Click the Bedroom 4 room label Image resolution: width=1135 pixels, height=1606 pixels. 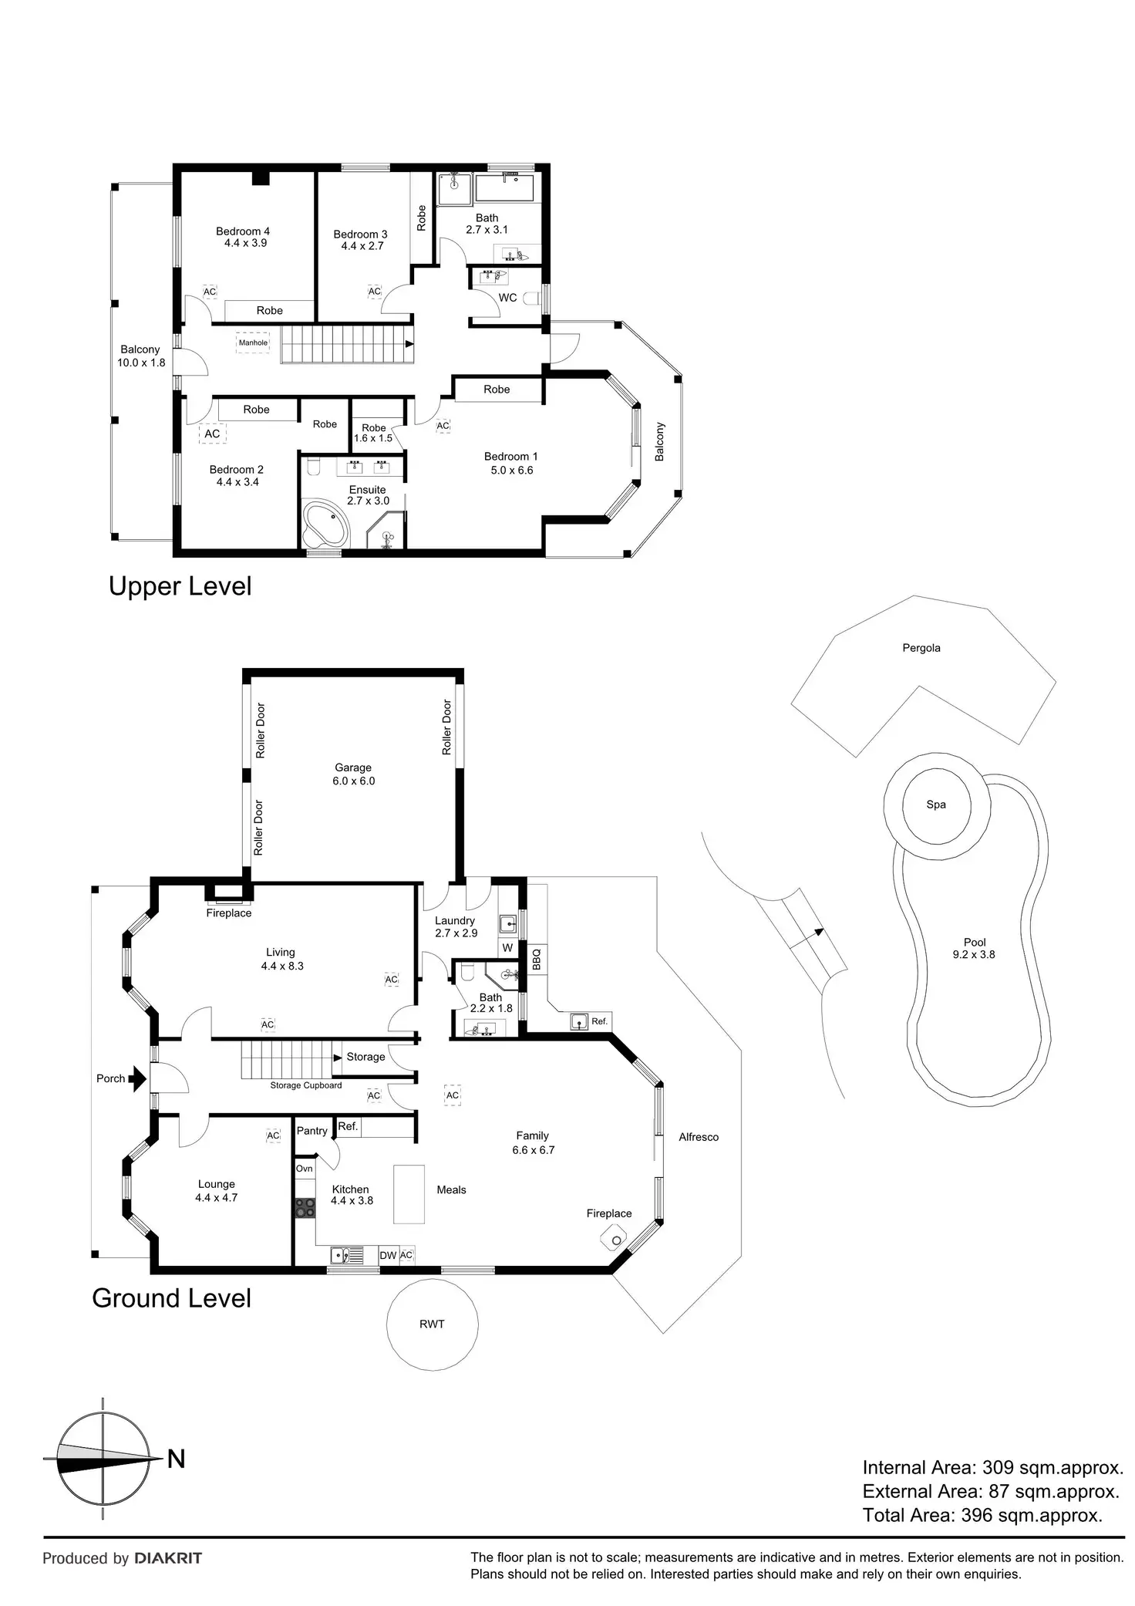(x=242, y=231)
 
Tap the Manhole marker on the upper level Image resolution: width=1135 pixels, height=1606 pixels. (x=253, y=342)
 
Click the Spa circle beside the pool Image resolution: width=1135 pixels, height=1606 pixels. (x=936, y=805)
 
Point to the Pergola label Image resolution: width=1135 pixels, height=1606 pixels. (x=921, y=648)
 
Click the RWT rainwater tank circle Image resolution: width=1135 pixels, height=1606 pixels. (x=432, y=1324)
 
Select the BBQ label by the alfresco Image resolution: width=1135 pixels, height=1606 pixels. (x=537, y=959)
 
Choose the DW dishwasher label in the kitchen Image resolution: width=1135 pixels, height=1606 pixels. (x=388, y=1255)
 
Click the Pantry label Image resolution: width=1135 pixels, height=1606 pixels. (x=312, y=1131)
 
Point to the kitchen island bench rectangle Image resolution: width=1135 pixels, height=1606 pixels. (x=409, y=1193)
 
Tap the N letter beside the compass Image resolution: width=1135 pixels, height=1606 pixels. (x=177, y=1459)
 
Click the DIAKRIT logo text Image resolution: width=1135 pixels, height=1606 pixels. (x=168, y=1558)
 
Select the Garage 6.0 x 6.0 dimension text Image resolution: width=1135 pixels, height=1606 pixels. (x=353, y=781)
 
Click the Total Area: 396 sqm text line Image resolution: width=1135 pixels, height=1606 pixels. (x=982, y=1515)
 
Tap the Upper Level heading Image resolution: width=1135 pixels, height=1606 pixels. (x=180, y=586)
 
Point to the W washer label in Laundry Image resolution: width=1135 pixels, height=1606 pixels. (x=507, y=948)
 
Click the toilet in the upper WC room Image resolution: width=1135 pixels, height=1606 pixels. (x=530, y=298)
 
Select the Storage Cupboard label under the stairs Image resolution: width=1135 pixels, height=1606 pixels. (x=305, y=1085)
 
